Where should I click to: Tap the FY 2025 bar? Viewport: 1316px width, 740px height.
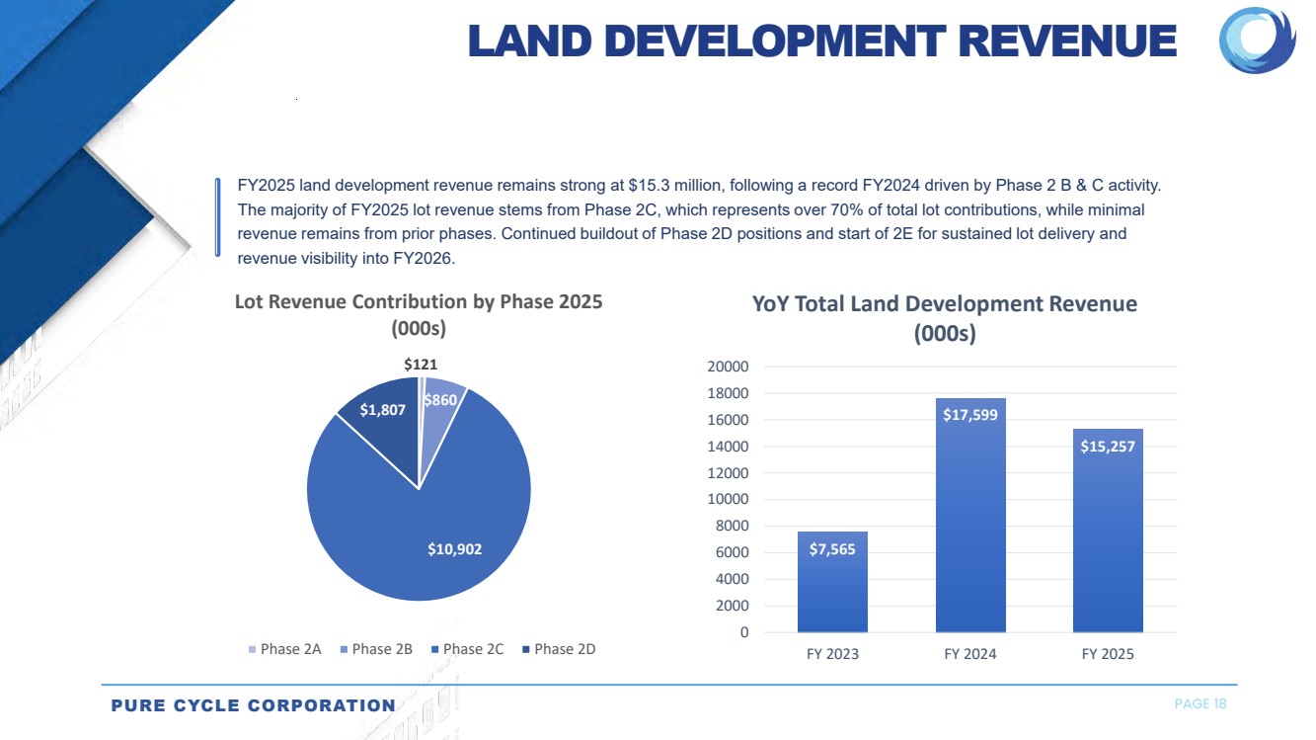point(1108,543)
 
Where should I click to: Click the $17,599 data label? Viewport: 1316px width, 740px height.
point(970,415)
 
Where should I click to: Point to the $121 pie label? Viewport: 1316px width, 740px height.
point(421,365)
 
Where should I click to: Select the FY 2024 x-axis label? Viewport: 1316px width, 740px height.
point(970,654)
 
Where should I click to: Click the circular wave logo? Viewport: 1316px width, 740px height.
point(1258,41)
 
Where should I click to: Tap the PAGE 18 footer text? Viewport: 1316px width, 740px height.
point(1200,703)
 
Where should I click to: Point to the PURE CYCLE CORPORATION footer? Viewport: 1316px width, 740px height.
point(253,705)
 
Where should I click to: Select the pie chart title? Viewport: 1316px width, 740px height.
point(419,314)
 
